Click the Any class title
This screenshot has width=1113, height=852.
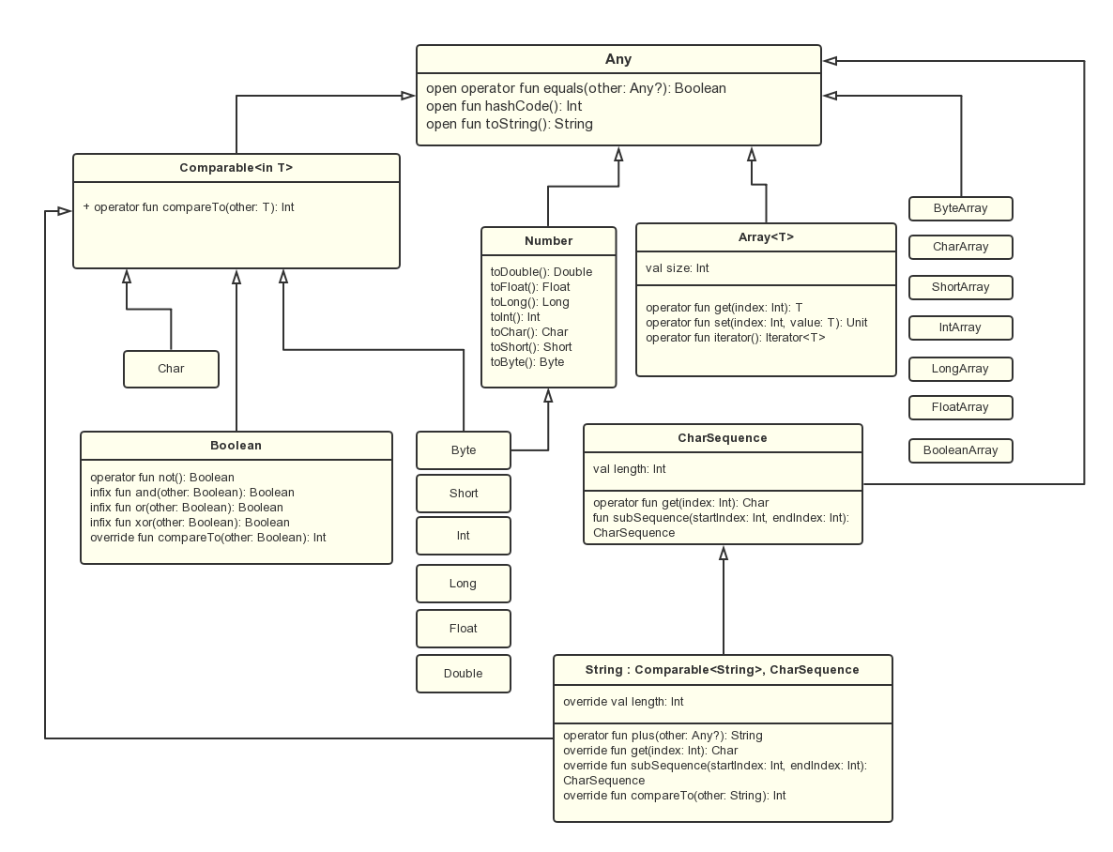click(618, 59)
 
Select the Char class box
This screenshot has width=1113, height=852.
click(171, 369)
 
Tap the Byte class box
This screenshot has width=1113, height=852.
click(464, 450)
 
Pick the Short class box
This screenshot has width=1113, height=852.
click(464, 494)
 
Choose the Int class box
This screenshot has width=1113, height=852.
click(464, 536)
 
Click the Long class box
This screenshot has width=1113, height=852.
click(464, 584)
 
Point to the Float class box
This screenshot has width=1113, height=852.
click(464, 629)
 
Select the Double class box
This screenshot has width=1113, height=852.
click(464, 674)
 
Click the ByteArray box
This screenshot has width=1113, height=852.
click(961, 208)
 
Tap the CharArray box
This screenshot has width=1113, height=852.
click(961, 248)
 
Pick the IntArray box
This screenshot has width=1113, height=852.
click(961, 327)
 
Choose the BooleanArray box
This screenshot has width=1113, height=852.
click(961, 450)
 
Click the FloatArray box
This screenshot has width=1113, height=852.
click(961, 407)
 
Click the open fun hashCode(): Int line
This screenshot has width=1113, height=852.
click(504, 106)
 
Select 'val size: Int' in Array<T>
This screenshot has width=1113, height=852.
click(678, 268)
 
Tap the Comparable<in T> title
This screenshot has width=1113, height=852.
click(236, 168)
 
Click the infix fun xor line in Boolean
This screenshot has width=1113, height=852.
click(190, 523)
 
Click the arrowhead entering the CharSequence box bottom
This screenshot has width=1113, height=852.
click(724, 553)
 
